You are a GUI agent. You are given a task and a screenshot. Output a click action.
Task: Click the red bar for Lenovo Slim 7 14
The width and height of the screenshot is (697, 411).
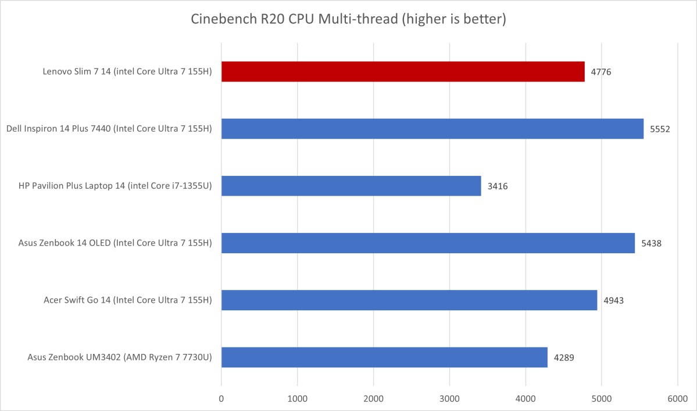(x=403, y=72)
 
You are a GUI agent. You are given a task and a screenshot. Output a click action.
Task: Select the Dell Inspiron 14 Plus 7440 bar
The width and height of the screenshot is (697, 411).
(x=432, y=129)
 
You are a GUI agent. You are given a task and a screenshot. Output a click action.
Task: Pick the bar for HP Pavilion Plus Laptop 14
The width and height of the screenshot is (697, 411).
(x=351, y=186)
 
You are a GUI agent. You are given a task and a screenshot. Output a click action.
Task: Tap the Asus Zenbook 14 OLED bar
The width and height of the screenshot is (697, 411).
(x=428, y=243)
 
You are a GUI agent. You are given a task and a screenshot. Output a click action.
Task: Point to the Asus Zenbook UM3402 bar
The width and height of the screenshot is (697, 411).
(x=384, y=357)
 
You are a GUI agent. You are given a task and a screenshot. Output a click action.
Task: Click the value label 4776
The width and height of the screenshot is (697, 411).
(x=601, y=72)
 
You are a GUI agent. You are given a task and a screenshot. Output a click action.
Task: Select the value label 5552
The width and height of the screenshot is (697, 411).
(x=660, y=129)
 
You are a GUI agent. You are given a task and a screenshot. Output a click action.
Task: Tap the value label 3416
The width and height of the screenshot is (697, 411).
(x=498, y=186)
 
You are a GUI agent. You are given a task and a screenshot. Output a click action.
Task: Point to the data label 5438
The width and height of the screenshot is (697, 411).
(x=652, y=243)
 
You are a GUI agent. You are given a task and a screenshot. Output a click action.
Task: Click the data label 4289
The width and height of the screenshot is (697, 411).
(x=564, y=357)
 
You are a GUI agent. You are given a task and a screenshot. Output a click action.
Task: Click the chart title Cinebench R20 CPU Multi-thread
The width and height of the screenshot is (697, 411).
(x=349, y=20)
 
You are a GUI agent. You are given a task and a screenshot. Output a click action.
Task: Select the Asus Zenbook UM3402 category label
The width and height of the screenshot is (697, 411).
(x=119, y=357)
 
